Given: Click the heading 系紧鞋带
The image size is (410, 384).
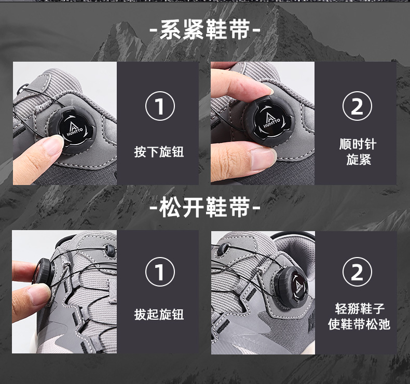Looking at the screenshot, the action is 204,30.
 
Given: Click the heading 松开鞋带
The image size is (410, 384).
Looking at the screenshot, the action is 204,207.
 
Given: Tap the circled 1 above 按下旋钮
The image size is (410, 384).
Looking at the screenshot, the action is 160,106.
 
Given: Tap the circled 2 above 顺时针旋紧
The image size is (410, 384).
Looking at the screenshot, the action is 357,106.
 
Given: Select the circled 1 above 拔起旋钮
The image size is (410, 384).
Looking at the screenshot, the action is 160,272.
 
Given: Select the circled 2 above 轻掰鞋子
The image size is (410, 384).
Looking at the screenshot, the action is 357,272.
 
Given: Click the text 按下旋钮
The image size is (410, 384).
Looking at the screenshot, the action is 159,152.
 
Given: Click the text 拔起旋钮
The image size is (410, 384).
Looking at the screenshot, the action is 159,315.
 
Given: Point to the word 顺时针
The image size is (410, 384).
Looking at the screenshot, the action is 358,144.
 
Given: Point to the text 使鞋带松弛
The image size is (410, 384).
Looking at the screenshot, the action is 359,324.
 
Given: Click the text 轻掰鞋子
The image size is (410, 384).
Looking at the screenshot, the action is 360,309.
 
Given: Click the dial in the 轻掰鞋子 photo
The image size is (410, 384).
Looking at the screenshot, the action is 291,287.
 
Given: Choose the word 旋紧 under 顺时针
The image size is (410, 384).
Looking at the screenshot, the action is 359,160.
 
